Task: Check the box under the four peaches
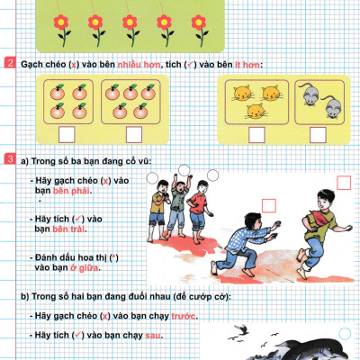click(66, 134)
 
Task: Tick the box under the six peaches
click(133, 134)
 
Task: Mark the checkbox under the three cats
click(256, 134)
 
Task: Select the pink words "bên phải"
click(69, 191)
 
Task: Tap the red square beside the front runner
click(343, 182)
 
